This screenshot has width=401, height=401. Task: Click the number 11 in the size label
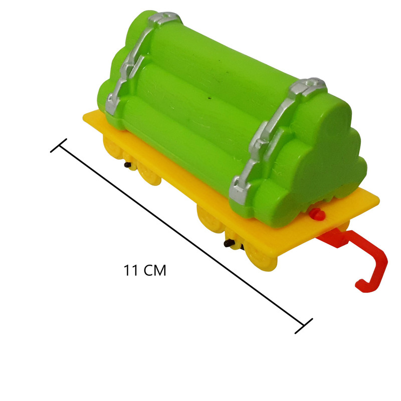point(130,270)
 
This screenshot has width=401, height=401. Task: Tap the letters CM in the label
point(154,270)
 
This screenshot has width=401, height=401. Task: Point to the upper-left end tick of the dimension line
point(59,145)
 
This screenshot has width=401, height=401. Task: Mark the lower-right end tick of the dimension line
point(304,326)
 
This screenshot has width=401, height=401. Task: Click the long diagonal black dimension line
point(181,236)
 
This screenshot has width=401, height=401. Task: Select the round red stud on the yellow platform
point(317,215)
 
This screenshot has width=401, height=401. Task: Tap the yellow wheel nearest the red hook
point(261,258)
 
